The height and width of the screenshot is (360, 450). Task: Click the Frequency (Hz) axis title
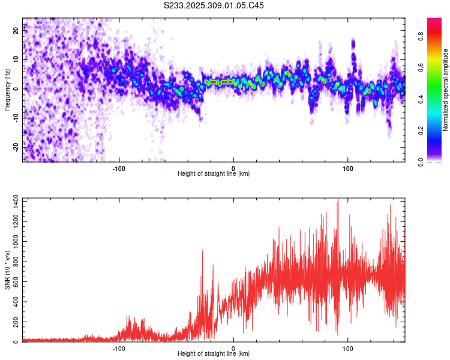[x=7, y=89]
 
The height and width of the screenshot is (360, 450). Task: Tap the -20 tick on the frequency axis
[x=16, y=146]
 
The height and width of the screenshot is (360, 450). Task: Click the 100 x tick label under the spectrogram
[x=348, y=167]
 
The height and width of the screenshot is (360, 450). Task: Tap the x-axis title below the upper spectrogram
[x=214, y=173]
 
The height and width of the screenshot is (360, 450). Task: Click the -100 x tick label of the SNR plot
[x=119, y=348]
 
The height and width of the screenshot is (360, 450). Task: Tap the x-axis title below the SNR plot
[x=214, y=354]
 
